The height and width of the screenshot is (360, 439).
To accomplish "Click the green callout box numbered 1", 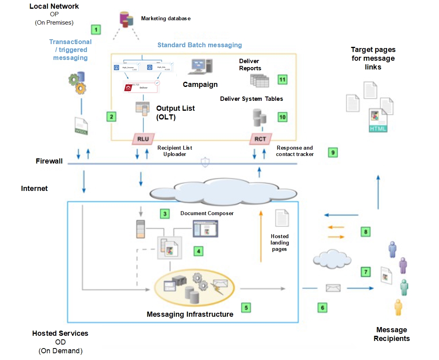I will (95, 29).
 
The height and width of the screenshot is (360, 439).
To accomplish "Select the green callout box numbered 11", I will (282, 79).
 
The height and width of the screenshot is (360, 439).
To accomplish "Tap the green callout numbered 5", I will (246, 307).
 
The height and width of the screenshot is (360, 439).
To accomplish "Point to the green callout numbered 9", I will (333, 152).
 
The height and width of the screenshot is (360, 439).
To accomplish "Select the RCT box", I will (260, 139).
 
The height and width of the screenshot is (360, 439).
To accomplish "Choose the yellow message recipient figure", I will (399, 308).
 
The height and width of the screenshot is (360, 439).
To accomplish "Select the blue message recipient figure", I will (393, 249).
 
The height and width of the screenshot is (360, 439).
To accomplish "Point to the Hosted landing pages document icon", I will (282, 218).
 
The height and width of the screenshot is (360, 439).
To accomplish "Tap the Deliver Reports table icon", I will (259, 81).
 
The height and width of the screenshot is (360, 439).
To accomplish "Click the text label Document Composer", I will (207, 213).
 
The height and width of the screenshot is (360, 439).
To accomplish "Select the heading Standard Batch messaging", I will (199, 45).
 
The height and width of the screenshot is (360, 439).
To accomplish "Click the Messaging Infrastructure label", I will (190, 314).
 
